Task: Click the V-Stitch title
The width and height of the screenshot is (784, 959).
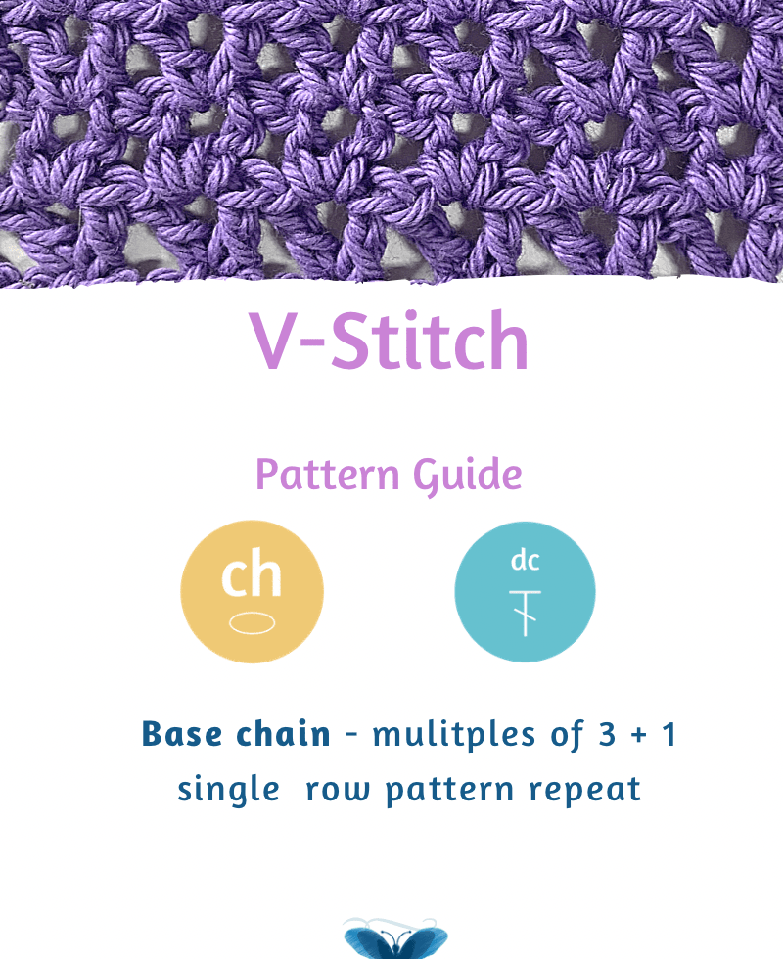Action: (389, 341)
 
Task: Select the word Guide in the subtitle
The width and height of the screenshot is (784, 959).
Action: (468, 476)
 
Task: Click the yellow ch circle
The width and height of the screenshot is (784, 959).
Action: (252, 591)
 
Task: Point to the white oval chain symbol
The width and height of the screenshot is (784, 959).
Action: (252, 622)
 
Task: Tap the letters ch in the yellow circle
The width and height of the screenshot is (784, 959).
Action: (252, 572)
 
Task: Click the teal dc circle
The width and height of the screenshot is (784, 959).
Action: (525, 591)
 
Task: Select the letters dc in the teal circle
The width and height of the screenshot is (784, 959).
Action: (525, 560)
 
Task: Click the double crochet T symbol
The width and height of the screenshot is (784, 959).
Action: (525, 614)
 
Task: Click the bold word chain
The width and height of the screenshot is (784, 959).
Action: (283, 733)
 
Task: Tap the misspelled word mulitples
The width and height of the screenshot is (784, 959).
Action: (454, 736)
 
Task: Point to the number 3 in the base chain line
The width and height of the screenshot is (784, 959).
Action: (607, 734)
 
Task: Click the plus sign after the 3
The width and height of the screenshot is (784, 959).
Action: (639, 735)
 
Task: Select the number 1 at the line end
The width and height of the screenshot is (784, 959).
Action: (669, 734)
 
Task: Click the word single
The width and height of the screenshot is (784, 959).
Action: (229, 790)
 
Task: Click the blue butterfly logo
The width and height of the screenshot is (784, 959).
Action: (395, 938)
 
